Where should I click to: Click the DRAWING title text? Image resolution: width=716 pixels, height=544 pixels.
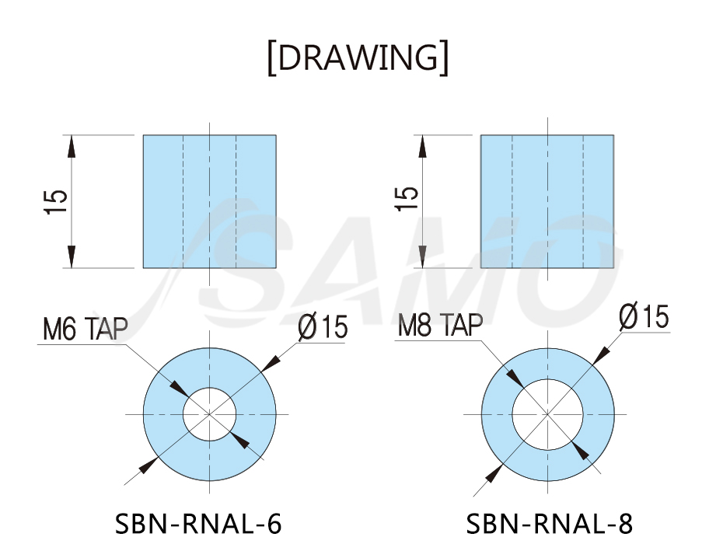[358, 58]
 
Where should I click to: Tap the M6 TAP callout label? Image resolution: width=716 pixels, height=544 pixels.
[86, 328]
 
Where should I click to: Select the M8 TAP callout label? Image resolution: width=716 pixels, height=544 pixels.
[440, 325]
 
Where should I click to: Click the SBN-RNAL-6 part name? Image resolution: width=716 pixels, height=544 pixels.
[197, 524]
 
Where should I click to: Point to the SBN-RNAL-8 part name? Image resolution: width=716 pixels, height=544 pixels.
[550, 524]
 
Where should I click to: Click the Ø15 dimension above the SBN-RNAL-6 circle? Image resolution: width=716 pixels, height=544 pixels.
[323, 326]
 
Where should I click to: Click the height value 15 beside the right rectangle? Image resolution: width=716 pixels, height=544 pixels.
[406, 198]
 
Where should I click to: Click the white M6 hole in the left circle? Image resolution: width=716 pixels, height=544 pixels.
[210, 414]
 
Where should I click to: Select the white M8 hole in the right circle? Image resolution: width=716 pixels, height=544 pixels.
[547, 414]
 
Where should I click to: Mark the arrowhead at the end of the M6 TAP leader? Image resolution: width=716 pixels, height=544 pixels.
[179, 389]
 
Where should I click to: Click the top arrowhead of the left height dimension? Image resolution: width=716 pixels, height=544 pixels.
[72, 147]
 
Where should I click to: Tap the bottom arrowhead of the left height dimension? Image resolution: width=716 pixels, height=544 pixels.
[72, 256]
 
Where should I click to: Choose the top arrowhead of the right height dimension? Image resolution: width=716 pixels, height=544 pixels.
[422, 147]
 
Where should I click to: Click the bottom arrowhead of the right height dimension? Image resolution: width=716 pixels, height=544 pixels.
[422, 256]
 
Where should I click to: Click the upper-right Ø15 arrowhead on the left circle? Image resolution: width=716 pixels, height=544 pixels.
[270, 362]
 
